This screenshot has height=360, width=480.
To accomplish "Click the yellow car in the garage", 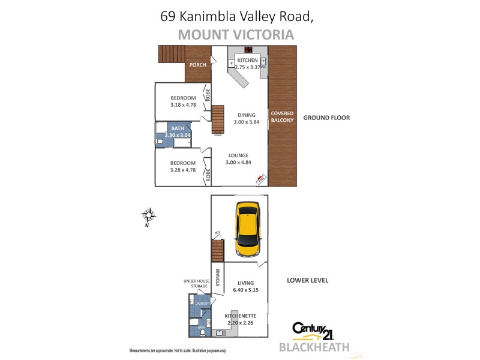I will click(x=248, y=229).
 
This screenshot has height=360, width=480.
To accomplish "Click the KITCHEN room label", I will click(x=247, y=61).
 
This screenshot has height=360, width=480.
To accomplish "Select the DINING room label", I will click(x=247, y=115).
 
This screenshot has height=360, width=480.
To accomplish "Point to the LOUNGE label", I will click(x=237, y=155).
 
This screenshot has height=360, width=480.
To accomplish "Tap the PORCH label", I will click(x=197, y=65).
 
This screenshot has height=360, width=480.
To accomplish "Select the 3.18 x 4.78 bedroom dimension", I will click(x=183, y=105).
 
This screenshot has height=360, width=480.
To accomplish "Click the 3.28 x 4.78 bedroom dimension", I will click(x=183, y=170).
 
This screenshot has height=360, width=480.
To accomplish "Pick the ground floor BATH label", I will click(x=178, y=128).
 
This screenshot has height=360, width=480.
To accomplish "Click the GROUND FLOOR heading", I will click(x=326, y=118).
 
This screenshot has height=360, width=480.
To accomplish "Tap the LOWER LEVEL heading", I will click(x=307, y=280).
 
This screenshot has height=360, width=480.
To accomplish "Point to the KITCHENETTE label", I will click(x=241, y=316).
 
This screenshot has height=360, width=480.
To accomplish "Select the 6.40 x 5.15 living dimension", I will click(x=245, y=290).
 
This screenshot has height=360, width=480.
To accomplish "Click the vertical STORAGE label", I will click(x=218, y=277).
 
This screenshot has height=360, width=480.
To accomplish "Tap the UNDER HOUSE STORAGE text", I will click(x=196, y=283).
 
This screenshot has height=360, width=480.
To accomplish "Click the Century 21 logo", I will click(x=312, y=331).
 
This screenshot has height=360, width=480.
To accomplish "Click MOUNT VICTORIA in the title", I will click(x=236, y=34).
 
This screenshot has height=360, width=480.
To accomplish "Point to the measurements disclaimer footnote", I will click(x=178, y=350).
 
